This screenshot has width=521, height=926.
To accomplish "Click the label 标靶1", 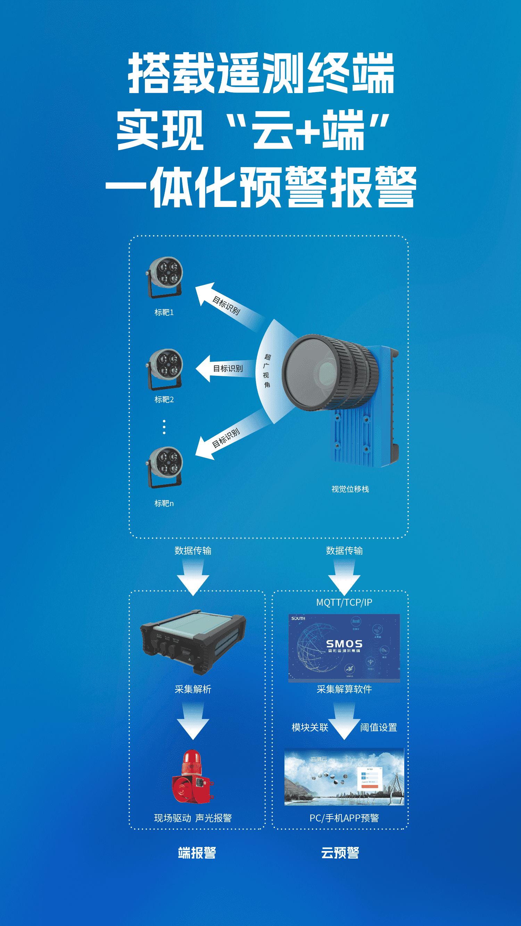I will tap(164, 312).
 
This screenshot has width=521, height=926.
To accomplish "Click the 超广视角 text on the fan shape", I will tap(267, 371).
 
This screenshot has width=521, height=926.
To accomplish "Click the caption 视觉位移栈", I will tap(350, 489).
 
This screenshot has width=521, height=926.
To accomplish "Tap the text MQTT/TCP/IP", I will tap(344, 603).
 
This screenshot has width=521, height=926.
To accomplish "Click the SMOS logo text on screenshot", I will tap(344, 644).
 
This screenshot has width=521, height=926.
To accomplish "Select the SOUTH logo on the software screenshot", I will tap(298, 618).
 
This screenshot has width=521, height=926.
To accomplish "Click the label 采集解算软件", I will tap(344, 689).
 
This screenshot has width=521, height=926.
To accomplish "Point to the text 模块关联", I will tap(310, 727).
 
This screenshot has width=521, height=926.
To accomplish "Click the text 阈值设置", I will tap(379, 727).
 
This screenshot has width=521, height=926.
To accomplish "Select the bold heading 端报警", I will tap(197, 853).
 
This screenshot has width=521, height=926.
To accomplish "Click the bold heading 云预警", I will tap(340, 853).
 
